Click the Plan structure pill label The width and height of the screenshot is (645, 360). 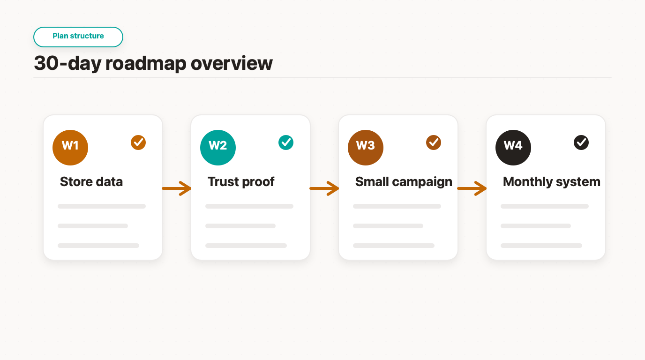[78, 36]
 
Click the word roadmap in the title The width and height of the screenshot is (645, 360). [146, 64]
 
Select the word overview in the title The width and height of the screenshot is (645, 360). [232, 63]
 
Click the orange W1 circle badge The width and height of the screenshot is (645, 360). [70, 148]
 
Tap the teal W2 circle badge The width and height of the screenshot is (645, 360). [218, 148]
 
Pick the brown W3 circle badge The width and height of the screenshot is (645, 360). [366, 148]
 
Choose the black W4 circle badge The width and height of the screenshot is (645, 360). [513, 148]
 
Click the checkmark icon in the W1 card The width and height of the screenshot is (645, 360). [138, 142]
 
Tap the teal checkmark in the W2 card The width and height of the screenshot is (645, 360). [286, 142]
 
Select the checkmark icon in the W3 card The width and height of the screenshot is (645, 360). [434, 142]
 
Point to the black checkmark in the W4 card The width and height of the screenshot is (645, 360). [581, 142]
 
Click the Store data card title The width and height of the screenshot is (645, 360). [91, 182]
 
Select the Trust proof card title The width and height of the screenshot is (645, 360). [241, 182]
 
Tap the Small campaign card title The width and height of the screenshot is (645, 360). [404, 182]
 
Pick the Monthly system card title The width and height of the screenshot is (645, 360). [552, 182]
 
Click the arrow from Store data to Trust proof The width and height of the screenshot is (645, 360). [177, 188]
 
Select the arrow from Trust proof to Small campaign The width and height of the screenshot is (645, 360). [324, 188]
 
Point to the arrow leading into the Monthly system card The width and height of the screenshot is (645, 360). [472, 188]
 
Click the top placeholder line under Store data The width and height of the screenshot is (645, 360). [102, 206]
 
